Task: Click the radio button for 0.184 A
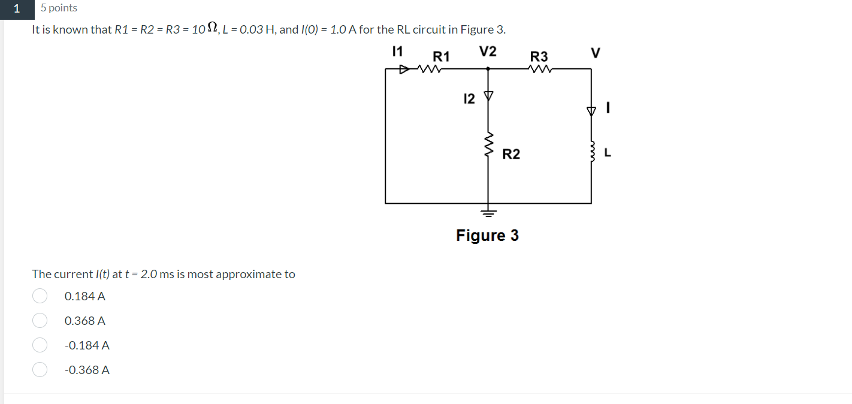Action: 40,296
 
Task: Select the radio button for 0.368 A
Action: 40,321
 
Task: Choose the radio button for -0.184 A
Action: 40,345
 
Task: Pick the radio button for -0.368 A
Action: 40,370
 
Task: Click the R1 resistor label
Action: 441,57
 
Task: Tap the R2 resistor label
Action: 511,155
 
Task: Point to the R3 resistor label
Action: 539,56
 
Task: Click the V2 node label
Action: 488,52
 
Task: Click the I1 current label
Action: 397,51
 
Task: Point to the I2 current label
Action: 469,99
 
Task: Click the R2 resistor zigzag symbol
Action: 488,144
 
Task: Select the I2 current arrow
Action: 488,95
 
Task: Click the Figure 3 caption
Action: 487,236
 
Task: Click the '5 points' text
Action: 59,8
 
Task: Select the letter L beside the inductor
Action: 608,153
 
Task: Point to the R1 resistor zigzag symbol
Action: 430,70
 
